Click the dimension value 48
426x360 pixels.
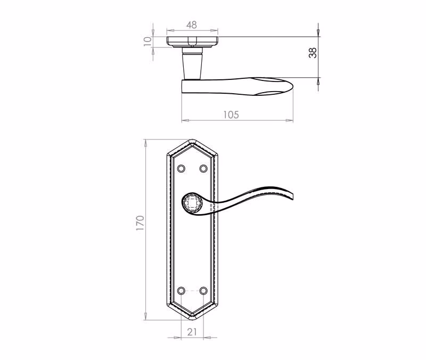[192, 25]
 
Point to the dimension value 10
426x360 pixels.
[148, 42]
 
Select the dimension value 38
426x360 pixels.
[313, 53]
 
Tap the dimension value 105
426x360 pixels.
[231, 114]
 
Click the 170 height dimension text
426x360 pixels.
[140, 223]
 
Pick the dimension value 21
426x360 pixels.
[192, 332]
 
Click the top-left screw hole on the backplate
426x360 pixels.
[181, 168]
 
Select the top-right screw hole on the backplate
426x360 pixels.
[203, 168]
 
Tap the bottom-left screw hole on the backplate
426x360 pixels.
[181, 291]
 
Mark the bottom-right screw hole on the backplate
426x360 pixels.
[203, 291]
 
